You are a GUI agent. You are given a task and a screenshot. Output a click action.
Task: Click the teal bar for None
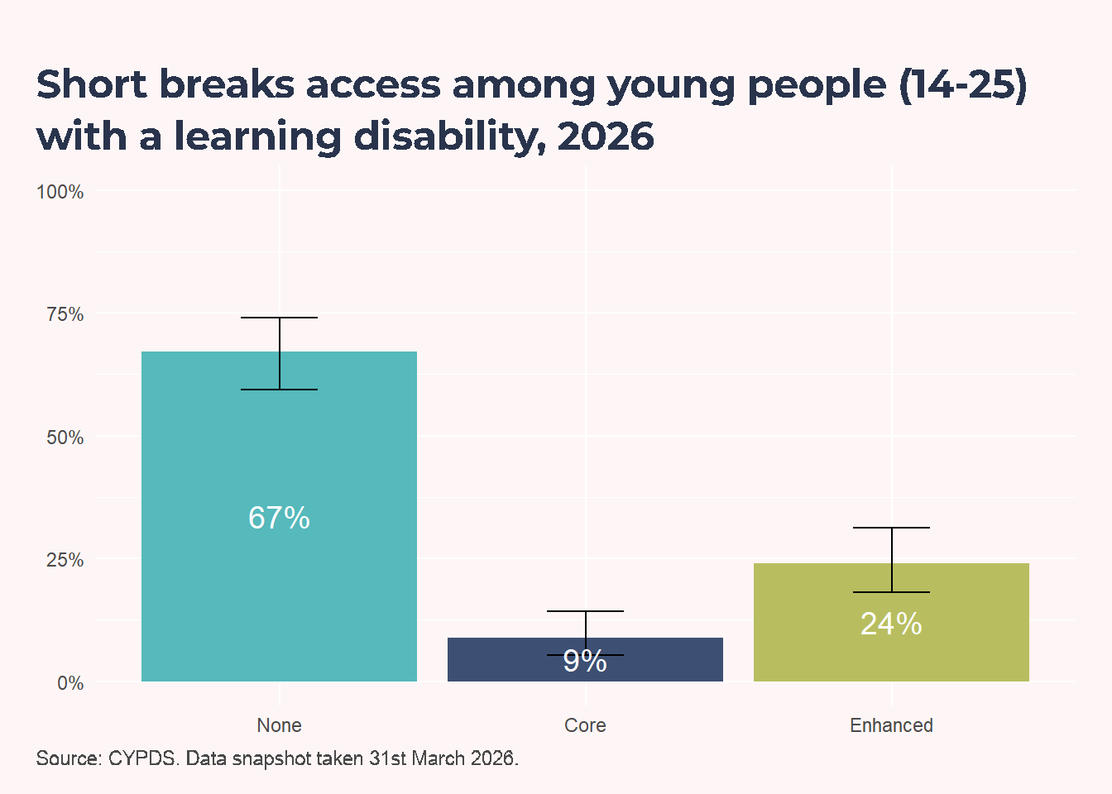click(279, 516)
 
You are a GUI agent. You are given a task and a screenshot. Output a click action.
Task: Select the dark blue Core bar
click(585, 659)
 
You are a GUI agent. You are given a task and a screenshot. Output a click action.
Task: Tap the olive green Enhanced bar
click(892, 622)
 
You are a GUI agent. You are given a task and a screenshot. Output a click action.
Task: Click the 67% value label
click(279, 518)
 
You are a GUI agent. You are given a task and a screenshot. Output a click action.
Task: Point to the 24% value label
click(892, 624)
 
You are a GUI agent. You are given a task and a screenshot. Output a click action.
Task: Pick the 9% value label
click(585, 661)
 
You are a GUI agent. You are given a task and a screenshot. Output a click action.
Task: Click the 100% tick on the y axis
click(60, 192)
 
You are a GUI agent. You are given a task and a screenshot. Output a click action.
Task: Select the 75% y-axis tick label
click(65, 314)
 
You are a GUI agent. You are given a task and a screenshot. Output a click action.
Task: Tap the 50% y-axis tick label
click(65, 438)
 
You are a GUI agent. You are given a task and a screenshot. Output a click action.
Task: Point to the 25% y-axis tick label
click(65, 560)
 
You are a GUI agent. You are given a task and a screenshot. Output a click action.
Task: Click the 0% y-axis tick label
click(70, 683)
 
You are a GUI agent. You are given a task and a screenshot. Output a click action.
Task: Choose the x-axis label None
click(279, 725)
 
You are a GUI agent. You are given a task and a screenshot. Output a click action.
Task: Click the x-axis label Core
click(585, 725)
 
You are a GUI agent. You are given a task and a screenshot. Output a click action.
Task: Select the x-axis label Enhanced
click(892, 725)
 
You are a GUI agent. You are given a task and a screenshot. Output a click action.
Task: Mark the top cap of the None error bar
click(279, 318)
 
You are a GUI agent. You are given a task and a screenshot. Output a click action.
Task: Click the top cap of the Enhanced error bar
click(892, 528)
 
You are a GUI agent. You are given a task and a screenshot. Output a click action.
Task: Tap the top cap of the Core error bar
click(585, 611)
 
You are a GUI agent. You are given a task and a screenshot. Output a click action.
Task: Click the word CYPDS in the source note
click(143, 758)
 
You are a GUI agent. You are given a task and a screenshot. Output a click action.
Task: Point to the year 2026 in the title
click(606, 136)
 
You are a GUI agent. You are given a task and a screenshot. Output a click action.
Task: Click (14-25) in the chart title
click(962, 85)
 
